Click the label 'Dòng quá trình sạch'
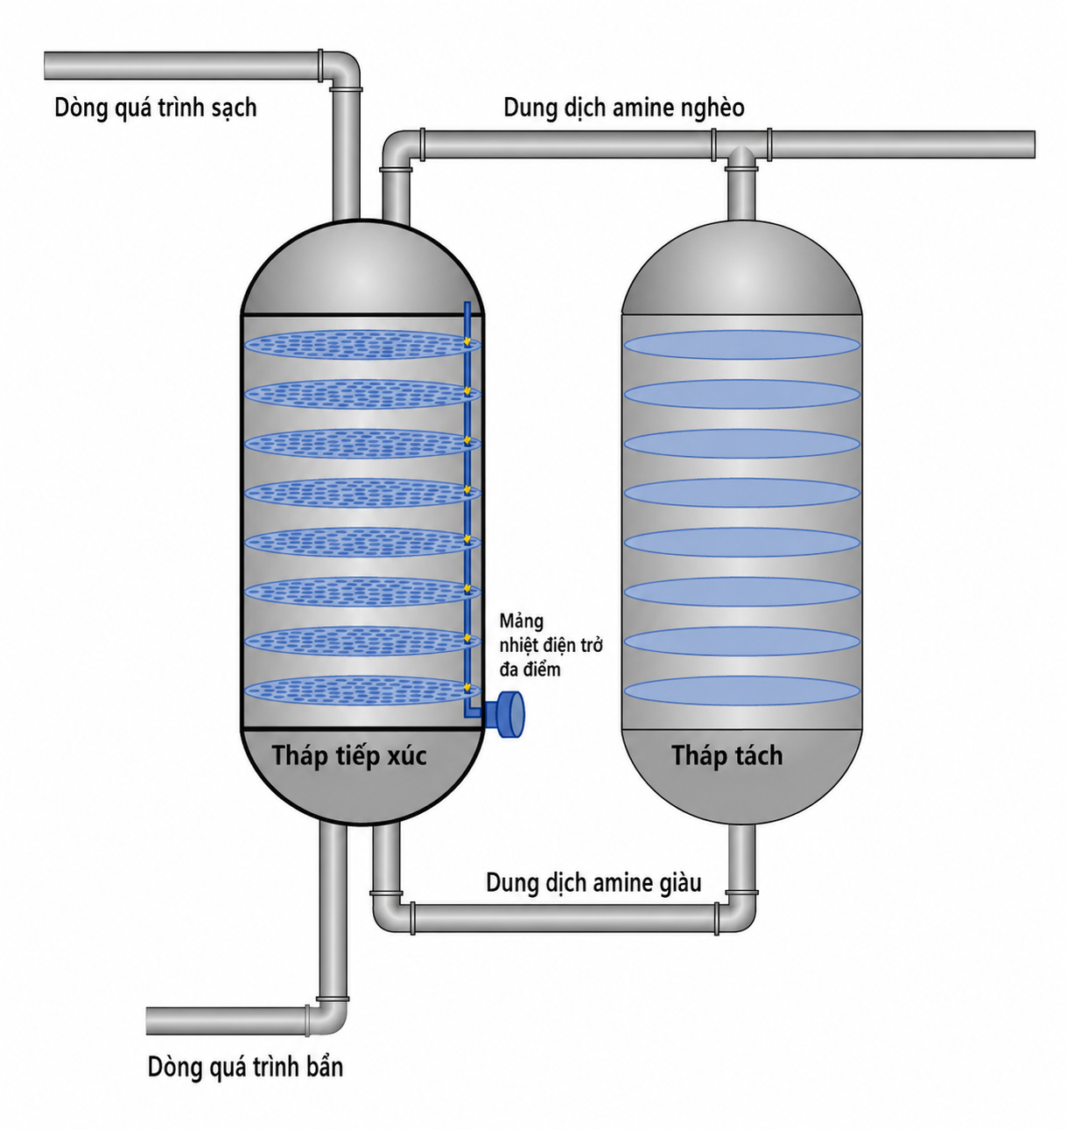(155, 108)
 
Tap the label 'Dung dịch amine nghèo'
(624, 108)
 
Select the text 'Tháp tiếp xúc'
(349, 755)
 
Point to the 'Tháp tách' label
(727, 755)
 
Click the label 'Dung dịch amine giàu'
(593, 882)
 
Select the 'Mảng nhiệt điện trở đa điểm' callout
(551, 645)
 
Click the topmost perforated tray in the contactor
(363, 345)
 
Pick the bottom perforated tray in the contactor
(363, 691)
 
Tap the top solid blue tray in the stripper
(741, 345)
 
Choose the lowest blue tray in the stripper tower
(741, 691)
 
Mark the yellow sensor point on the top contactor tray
(467, 341)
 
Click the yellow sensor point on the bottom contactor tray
(467, 687)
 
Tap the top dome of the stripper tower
(741, 267)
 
